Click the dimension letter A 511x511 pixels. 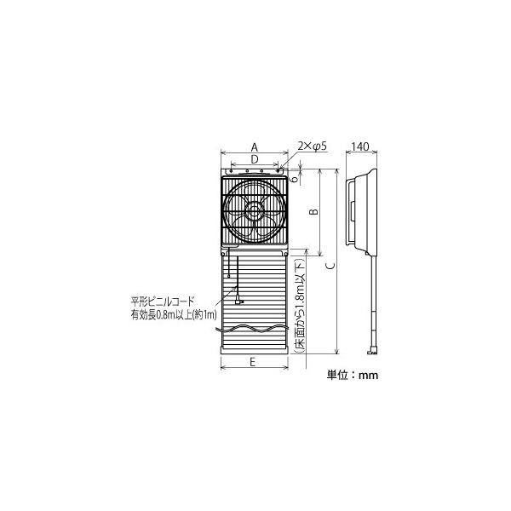click(254, 147)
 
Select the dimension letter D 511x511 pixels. click(255, 159)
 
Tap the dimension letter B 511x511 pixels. click(313, 212)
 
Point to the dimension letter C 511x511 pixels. click(330, 266)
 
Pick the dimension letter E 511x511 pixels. click(253, 362)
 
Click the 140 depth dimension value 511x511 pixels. click(360, 146)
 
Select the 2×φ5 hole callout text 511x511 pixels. click(312, 146)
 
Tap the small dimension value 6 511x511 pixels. click(295, 179)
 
